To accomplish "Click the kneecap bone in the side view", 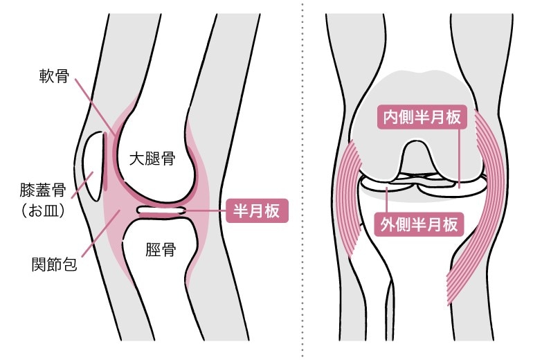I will pyautogui.click(x=92, y=163).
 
